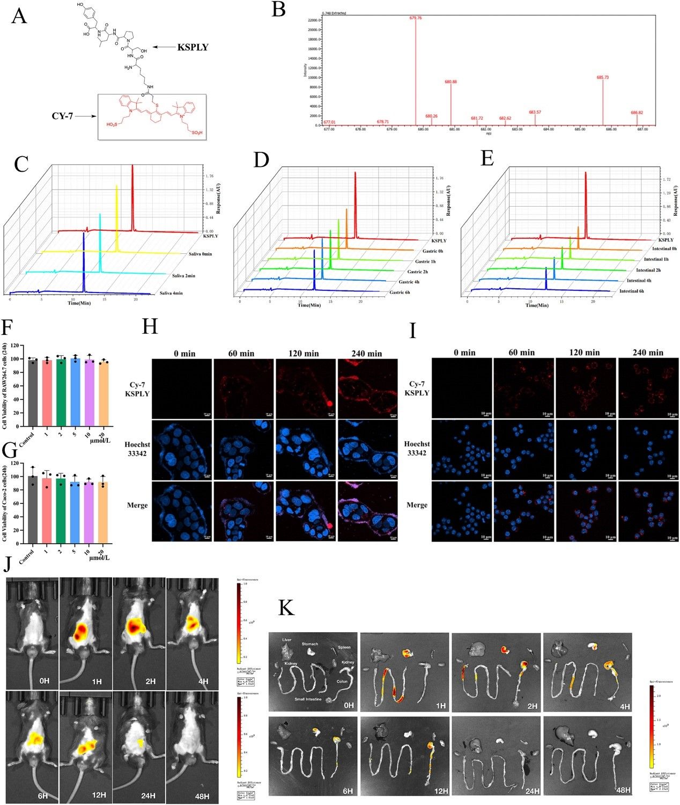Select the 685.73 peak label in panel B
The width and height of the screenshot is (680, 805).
(603, 77)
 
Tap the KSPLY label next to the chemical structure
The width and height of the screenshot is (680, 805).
(193, 47)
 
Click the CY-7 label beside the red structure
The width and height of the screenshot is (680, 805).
(63, 116)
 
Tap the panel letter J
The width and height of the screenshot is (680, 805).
(9, 564)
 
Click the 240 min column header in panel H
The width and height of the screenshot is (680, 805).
(367, 353)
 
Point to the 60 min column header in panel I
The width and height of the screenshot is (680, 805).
(522, 353)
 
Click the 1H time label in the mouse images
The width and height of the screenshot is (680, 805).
(97, 681)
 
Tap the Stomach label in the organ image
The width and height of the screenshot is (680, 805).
(309, 644)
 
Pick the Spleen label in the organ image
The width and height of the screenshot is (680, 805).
(344, 647)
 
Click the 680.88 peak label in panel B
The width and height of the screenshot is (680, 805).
(450, 82)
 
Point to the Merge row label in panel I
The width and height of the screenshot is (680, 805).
(417, 505)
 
